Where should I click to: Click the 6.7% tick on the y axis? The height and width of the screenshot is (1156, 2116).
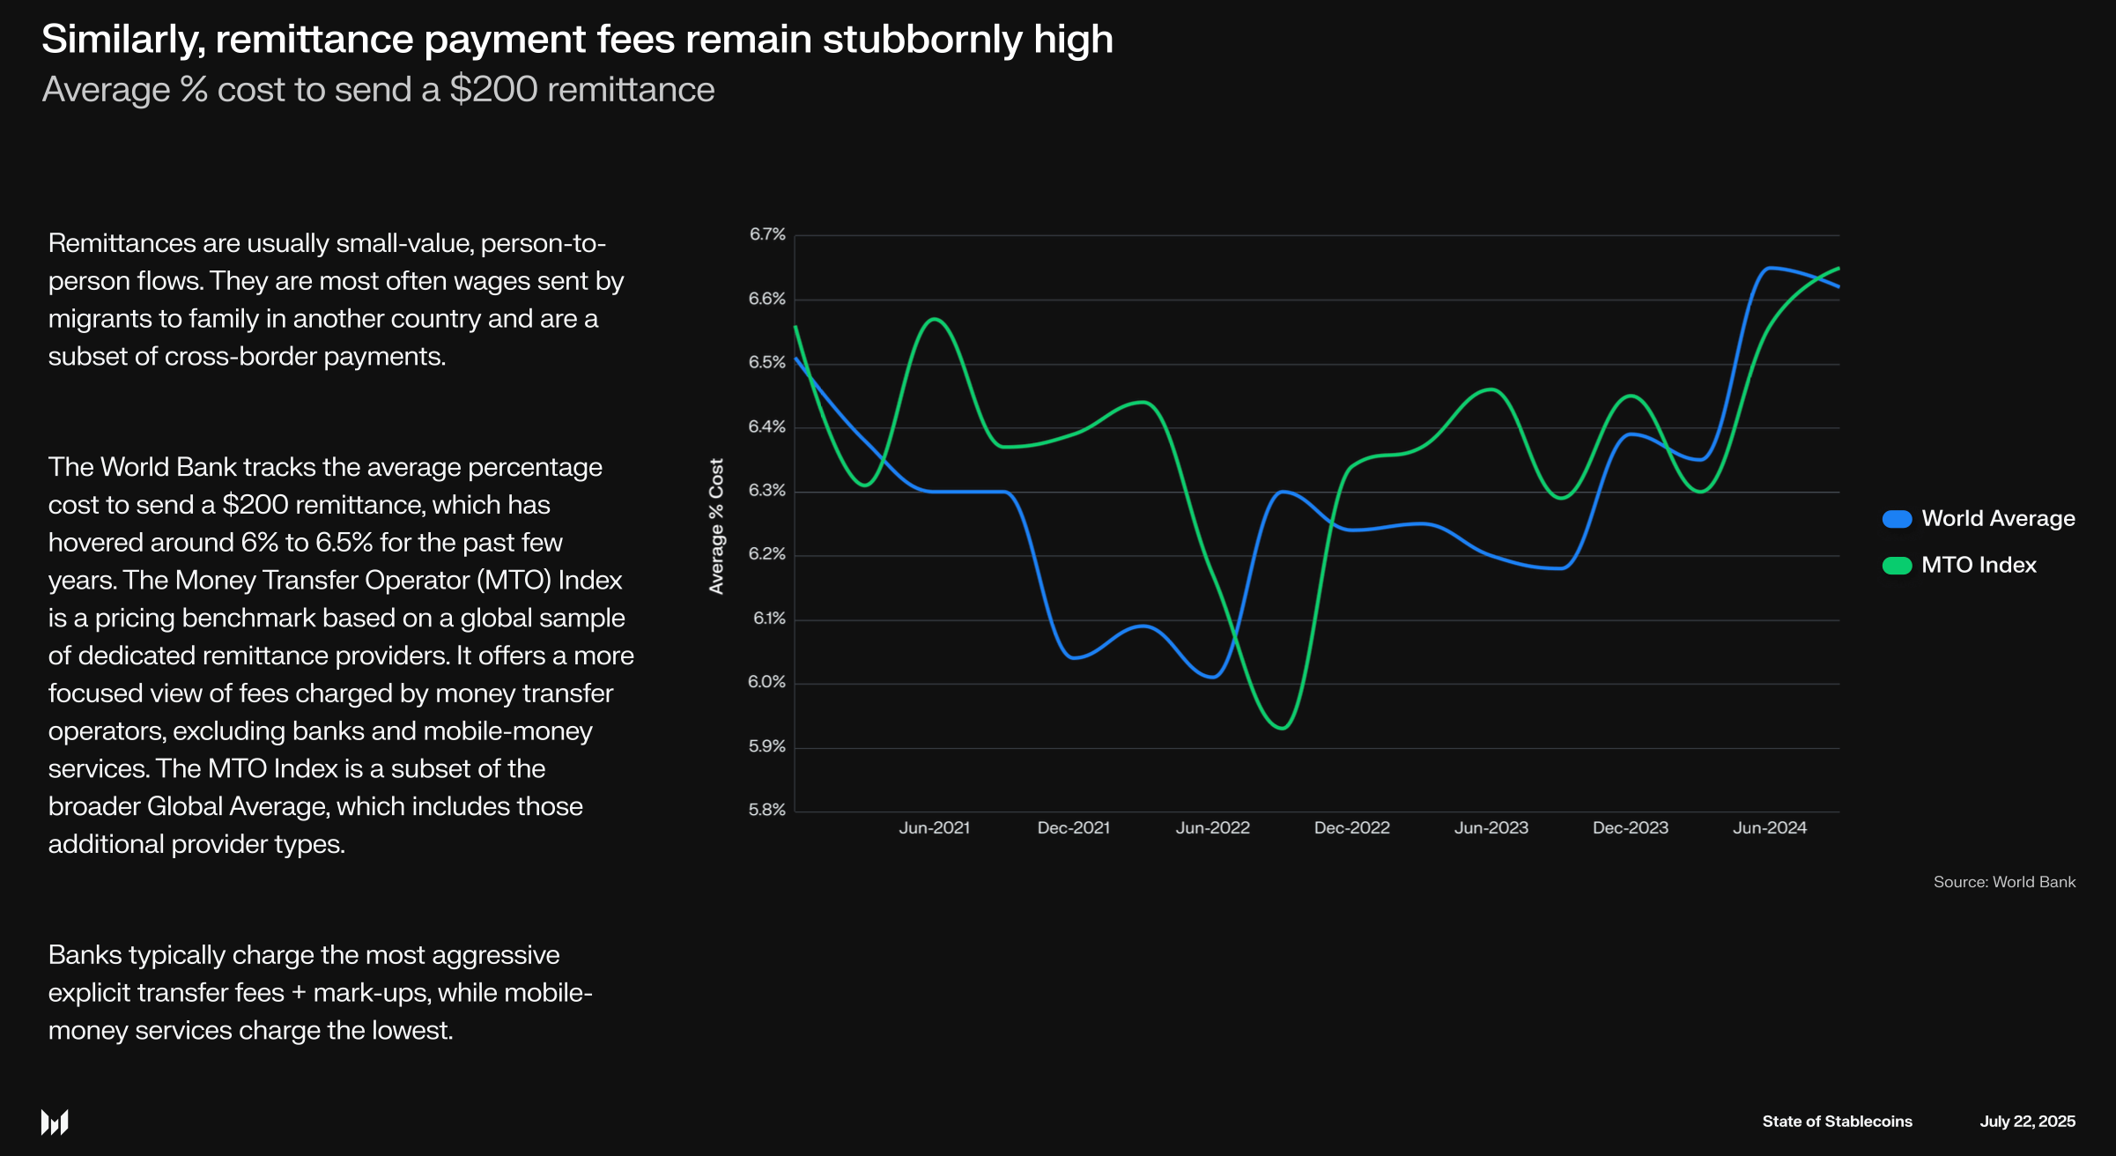point(767,234)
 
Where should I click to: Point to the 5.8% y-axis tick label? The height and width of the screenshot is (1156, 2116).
point(767,810)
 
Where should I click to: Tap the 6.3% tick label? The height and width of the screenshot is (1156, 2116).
point(767,491)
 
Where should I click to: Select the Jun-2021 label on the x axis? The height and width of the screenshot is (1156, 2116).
point(934,828)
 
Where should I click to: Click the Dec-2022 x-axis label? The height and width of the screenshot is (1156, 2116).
point(1351,828)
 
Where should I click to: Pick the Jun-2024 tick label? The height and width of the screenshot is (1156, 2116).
point(1770,828)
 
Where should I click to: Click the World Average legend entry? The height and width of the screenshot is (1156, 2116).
point(1998,518)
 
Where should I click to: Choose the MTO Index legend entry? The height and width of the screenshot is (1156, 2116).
point(1979,565)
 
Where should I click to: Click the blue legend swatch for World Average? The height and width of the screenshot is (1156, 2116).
point(1897,519)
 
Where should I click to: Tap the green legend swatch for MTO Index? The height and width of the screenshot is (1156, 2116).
point(1897,566)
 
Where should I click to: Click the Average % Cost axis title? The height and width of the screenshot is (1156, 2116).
point(716,526)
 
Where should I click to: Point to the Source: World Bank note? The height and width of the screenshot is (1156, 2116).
point(2004,882)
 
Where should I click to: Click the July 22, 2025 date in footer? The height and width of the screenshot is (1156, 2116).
point(2027,1122)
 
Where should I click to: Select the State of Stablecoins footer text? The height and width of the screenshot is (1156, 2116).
point(1837,1122)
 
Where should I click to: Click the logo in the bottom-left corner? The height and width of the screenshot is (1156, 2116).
point(55,1122)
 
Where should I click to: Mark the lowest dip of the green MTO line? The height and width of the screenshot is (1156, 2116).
point(1283,728)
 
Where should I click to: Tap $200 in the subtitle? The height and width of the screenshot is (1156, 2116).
point(493,90)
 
